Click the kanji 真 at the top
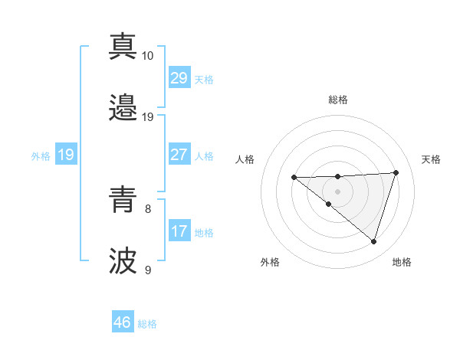[123, 47]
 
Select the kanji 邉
[123, 108]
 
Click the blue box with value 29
[179, 78]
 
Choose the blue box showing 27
[179, 155]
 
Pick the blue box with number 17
[179, 231]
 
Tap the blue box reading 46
[123, 322]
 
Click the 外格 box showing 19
[65, 155]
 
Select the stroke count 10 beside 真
[148, 56]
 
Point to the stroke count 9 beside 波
[148, 270]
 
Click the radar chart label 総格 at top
[338, 100]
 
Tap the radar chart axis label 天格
[431, 159]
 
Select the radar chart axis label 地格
[402, 262]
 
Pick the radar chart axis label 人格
[245, 159]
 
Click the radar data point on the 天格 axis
[396, 172]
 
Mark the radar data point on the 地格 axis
[373, 241]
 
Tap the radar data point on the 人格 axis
[294, 178]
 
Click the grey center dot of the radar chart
[338, 191]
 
